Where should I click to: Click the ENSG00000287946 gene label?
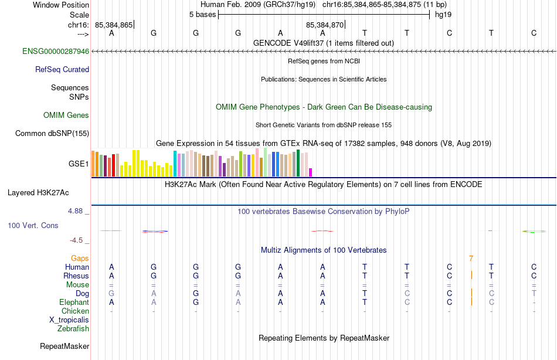tap(56, 52)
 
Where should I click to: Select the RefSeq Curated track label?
tap(62, 70)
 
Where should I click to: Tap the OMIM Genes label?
tap(66, 116)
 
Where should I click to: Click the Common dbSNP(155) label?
tap(52, 134)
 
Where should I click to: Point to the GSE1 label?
tap(79, 164)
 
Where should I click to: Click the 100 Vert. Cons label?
tap(33, 225)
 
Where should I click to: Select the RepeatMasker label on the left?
tap(64, 347)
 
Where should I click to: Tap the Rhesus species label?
tap(76, 276)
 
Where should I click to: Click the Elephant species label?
tap(74, 303)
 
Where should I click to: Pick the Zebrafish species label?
tap(73, 329)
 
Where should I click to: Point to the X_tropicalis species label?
tap(69, 320)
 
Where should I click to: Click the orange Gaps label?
tap(80, 259)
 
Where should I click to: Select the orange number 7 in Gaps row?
tap(471, 259)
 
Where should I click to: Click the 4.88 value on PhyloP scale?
tap(76, 210)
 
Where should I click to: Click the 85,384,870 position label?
tap(325, 25)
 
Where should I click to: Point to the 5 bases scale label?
tap(202, 14)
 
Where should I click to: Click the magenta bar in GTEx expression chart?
tap(311, 172)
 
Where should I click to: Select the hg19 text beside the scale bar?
tap(443, 14)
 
